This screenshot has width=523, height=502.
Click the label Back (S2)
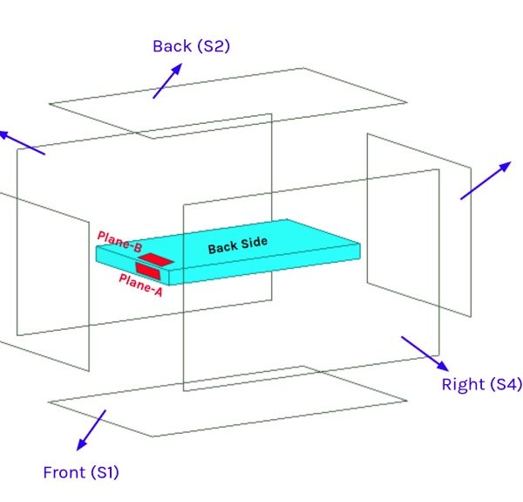pyautogui.click(x=191, y=46)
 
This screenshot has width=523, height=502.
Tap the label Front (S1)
pyautogui.click(x=81, y=473)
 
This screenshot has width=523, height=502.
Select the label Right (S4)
pyautogui.click(x=480, y=385)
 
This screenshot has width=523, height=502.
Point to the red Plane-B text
pyautogui.click(x=119, y=242)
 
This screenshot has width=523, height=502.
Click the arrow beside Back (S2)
pyautogui.click(x=168, y=81)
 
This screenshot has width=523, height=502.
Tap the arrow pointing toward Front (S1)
pyautogui.click(x=91, y=430)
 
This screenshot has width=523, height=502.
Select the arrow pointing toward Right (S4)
pyautogui.click(x=425, y=353)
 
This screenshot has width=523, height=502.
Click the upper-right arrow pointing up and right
pyautogui.click(x=486, y=181)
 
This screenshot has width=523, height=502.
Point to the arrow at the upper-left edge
pyautogui.click(x=21, y=142)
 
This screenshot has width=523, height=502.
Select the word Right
pyautogui.click(x=461, y=385)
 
